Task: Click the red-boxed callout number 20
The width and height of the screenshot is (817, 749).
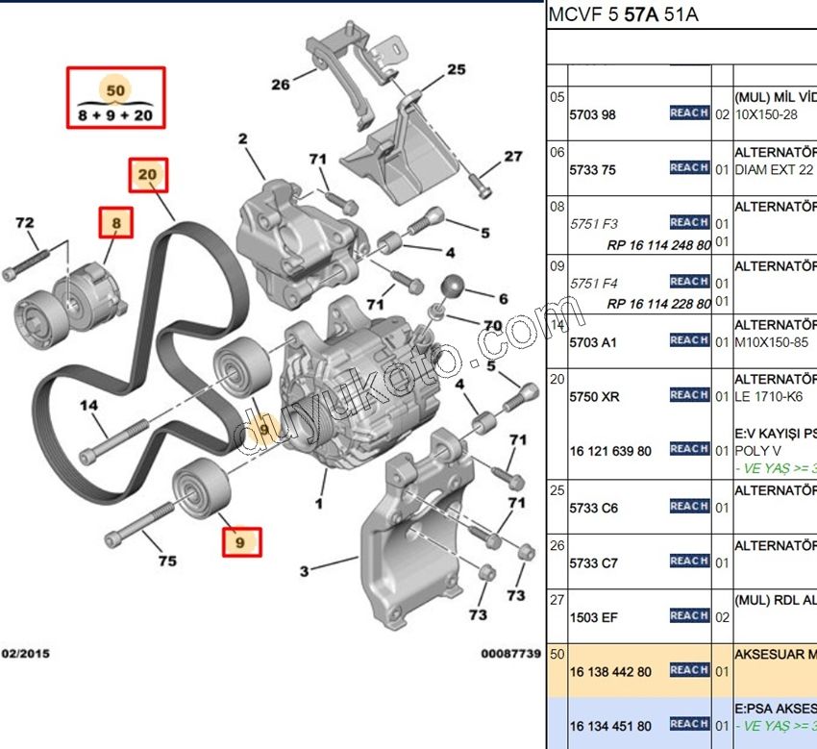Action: click(148, 175)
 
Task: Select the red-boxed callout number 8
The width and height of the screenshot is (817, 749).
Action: click(115, 224)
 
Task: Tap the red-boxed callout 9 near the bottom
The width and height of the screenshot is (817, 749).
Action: click(240, 542)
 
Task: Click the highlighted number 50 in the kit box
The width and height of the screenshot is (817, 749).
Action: click(115, 89)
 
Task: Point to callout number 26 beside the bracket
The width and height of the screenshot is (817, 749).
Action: click(280, 85)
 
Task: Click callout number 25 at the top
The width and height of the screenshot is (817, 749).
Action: click(456, 69)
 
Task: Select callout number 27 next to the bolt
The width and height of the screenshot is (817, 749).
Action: click(512, 157)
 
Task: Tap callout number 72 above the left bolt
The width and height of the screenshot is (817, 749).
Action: click(25, 223)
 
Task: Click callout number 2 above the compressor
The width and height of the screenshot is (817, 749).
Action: click(242, 139)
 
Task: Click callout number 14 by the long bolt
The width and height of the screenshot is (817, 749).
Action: click(89, 406)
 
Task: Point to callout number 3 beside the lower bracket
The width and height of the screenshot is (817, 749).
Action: click(304, 571)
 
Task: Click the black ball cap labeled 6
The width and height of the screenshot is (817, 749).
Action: click(453, 287)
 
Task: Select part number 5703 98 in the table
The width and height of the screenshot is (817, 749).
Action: click(592, 114)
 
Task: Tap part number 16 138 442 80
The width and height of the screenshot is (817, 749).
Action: click(610, 671)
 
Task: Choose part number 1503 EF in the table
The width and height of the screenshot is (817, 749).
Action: click(593, 617)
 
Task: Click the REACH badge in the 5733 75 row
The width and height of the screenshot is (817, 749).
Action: click(689, 168)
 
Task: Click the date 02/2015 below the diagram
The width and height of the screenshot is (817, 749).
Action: click(25, 653)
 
